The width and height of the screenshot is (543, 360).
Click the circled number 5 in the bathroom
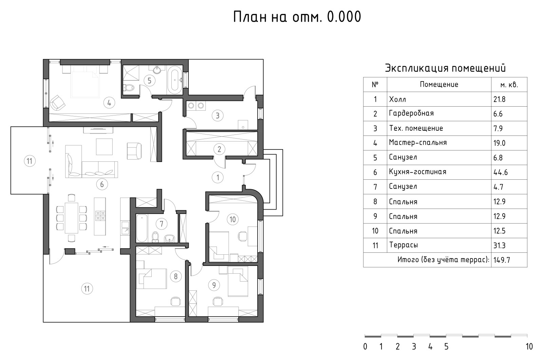coord(149,80)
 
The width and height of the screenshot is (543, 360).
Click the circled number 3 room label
coord(218,115)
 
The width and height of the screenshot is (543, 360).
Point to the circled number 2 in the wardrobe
coord(219,149)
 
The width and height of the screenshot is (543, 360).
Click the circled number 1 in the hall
coord(218,177)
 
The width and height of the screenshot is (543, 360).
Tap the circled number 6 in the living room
coord(102,184)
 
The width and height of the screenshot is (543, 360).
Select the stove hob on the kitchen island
coord(100,216)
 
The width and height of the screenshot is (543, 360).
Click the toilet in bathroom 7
coord(155,236)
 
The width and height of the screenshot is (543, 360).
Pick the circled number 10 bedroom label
coord(232,219)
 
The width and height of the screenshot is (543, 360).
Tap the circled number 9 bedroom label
coord(214,285)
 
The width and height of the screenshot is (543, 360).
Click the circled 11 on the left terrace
coord(30,161)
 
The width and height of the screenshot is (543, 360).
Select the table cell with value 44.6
coord(501,172)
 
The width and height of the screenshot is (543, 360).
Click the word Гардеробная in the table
coord(411,113)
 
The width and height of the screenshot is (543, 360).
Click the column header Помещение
coord(439,85)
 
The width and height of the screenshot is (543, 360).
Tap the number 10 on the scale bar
coord(529,347)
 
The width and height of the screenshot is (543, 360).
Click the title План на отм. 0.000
coord(297,17)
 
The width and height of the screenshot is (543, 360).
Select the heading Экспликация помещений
coord(445,68)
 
